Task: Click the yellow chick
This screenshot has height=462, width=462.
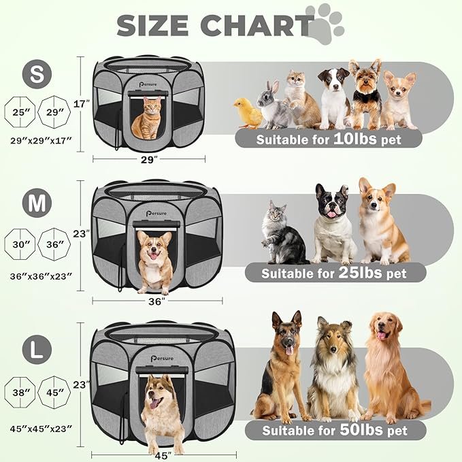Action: click(248, 113)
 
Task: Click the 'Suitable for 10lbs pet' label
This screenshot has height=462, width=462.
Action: click(329, 139)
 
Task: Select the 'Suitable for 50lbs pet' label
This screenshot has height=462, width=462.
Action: click(335, 430)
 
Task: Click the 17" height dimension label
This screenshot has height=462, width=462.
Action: click(81, 104)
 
